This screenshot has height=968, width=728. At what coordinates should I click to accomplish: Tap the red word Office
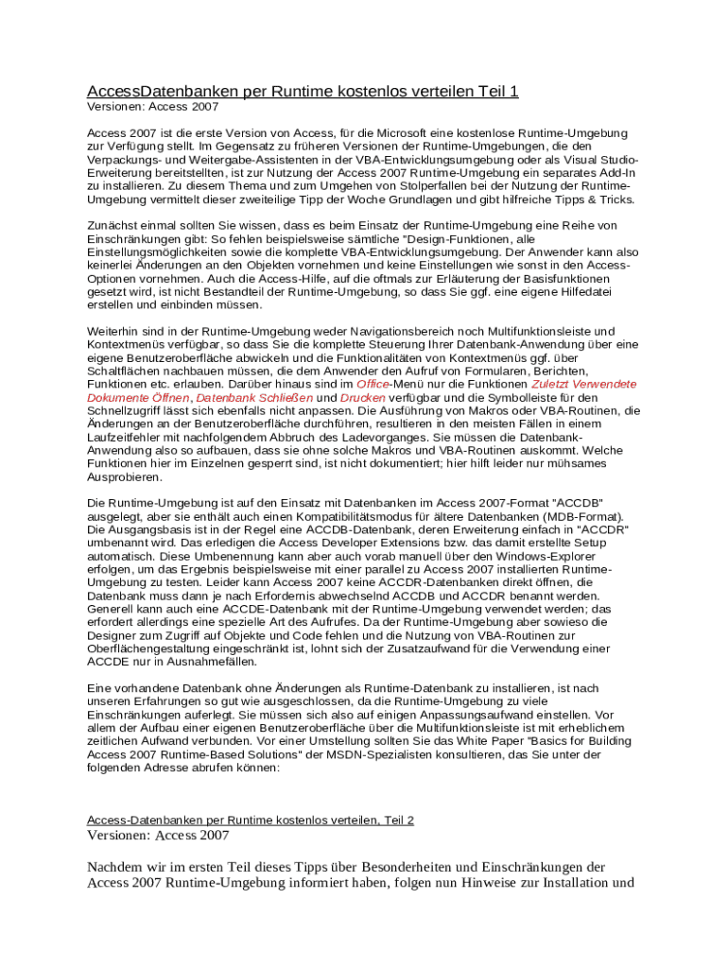(373, 385)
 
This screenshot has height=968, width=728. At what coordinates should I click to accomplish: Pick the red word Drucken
(362, 398)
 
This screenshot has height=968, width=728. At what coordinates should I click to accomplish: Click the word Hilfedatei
(581, 292)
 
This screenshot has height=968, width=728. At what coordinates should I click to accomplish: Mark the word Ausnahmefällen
(182, 663)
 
